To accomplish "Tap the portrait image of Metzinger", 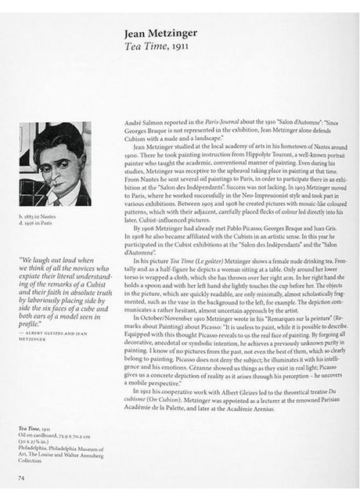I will [55, 164].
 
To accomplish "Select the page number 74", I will [22, 477].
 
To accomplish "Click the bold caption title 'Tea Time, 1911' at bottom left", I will [34, 429].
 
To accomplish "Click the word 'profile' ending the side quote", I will [30, 323].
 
